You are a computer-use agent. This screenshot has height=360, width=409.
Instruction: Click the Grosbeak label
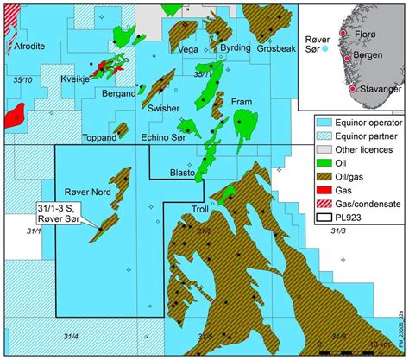tap(273, 49)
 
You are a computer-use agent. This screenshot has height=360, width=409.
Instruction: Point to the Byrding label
tap(236, 49)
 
